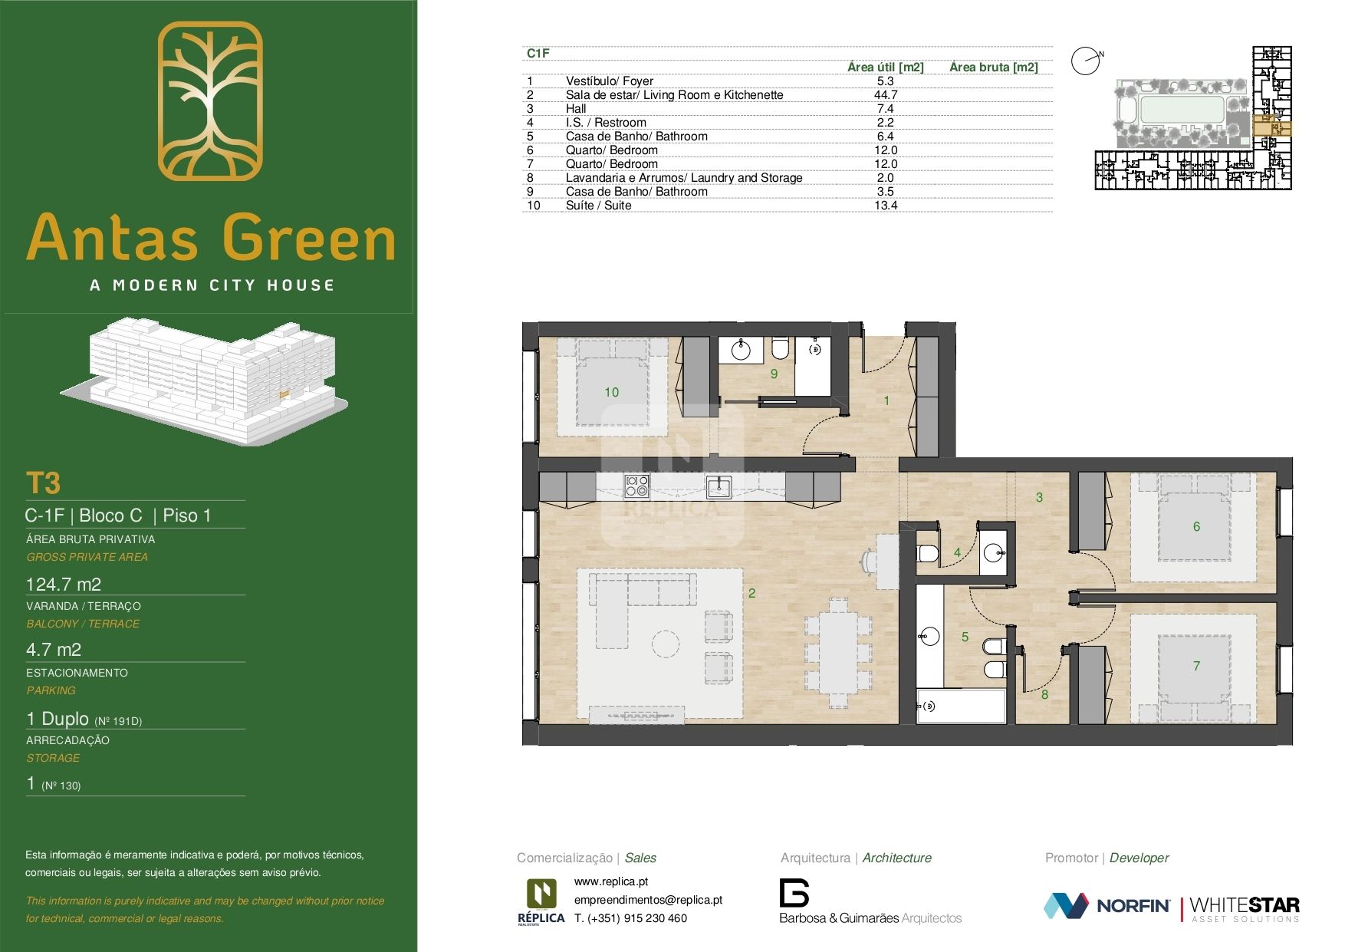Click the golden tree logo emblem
(x=210, y=100)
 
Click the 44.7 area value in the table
(x=885, y=95)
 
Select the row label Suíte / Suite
(x=598, y=206)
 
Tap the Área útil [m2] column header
(x=885, y=68)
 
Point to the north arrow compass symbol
(x=1086, y=61)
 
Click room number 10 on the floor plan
(x=611, y=392)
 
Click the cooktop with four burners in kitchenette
(x=637, y=486)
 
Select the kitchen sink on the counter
(x=719, y=486)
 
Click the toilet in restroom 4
(x=927, y=554)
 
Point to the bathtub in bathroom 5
(x=962, y=706)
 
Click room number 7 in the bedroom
(x=1196, y=666)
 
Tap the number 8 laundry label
(x=1044, y=695)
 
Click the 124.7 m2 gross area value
(x=64, y=585)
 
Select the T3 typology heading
(x=43, y=484)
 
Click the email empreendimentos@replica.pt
(x=648, y=900)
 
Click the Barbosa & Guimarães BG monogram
(x=794, y=892)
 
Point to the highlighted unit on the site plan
(x=1271, y=129)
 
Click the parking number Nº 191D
(x=118, y=721)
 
